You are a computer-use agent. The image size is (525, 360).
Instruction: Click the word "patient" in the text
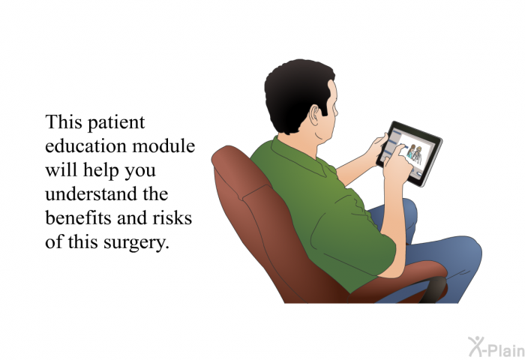pos(116,123)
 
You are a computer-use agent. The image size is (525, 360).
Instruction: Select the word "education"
pos(85,146)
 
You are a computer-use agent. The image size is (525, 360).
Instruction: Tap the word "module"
pos(163,146)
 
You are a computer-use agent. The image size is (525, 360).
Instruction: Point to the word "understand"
pos(91,194)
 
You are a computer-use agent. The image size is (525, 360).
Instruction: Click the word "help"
pos(100,171)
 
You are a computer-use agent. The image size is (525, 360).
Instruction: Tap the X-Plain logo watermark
pos(496,346)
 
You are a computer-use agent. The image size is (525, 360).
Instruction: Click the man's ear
pos(315,115)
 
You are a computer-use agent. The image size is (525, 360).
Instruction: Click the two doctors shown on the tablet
pos(415,154)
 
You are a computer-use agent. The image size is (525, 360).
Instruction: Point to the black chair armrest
pos(434,289)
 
